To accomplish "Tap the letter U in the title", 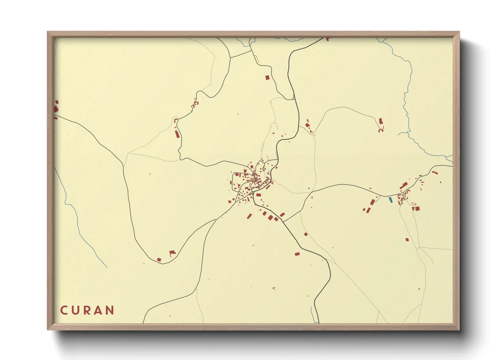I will tap(76, 310).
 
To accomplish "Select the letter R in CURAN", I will tap(87, 310).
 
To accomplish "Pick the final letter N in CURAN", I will tap(110, 310).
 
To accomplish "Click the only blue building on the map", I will tap(391, 200).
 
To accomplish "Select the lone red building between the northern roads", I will tap(267, 78).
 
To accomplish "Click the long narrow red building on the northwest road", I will tap(177, 134).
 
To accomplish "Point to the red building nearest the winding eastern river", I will tap(381, 121).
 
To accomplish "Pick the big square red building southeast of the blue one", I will tap(417, 208).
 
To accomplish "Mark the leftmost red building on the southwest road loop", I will tap(159, 260).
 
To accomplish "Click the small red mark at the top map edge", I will tap(328, 39).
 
